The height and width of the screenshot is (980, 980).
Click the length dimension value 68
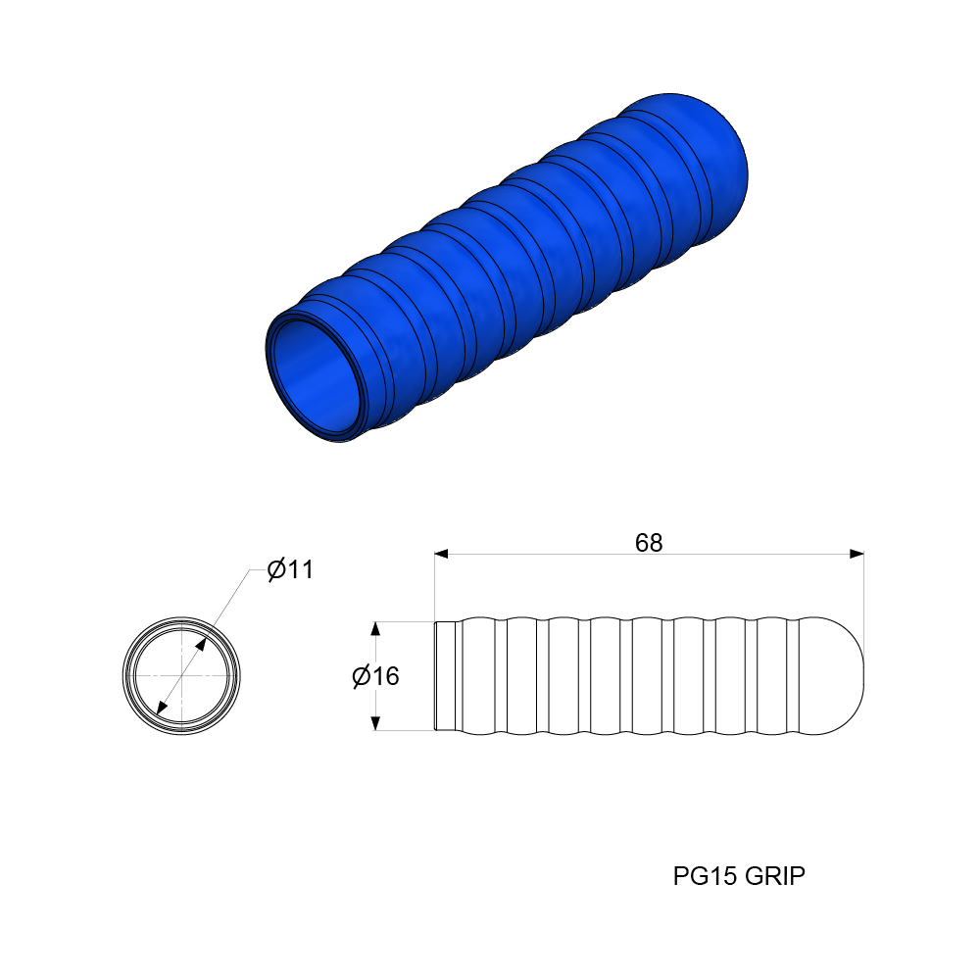[x=649, y=543]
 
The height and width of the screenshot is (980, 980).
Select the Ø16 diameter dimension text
[x=375, y=676]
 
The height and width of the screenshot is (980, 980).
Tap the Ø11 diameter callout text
[x=290, y=569]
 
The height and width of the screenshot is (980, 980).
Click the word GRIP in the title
[x=775, y=876]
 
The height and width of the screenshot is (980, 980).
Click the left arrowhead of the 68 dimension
[x=441, y=555]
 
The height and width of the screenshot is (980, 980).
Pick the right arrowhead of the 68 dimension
[x=857, y=555]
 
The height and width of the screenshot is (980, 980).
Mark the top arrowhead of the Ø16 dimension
[x=374, y=628]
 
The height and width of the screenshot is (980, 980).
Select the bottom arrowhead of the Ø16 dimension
[x=374, y=723]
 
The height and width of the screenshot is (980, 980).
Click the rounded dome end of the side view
[x=838, y=676]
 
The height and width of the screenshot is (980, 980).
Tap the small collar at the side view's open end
[x=446, y=676]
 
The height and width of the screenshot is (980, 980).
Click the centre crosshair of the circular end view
[x=181, y=676]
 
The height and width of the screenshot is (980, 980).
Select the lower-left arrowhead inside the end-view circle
[x=161, y=709]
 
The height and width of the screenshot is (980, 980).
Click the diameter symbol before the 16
[x=361, y=676]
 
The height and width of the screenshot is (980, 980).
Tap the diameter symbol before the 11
[x=276, y=569]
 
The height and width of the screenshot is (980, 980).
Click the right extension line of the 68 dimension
[x=863, y=598]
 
